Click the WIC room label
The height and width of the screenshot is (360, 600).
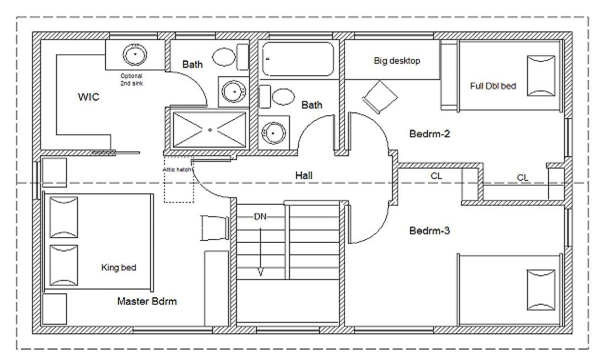click(x=88, y=97)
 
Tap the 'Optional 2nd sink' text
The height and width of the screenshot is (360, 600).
click(x=131, y=79)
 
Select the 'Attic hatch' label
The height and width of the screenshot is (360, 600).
click(x=177, y=170)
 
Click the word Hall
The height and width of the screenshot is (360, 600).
click(x=304, y=175)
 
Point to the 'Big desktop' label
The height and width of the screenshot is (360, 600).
click(x=397, y=60)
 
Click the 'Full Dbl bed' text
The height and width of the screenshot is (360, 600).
click(x=493, y=86)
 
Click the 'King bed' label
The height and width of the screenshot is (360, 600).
click(x=119, y=268)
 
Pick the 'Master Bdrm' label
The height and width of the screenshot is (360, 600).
click(x=147, y=301)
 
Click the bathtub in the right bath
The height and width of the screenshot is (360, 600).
click(x=298, y=59)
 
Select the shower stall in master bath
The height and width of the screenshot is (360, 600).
click(x=210, y=129)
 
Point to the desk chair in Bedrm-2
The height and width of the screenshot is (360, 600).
click(x=380, y=97)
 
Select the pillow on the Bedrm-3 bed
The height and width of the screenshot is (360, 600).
click(x=541, y=289)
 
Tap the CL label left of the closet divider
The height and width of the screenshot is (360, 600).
click(x=436, y=176)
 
